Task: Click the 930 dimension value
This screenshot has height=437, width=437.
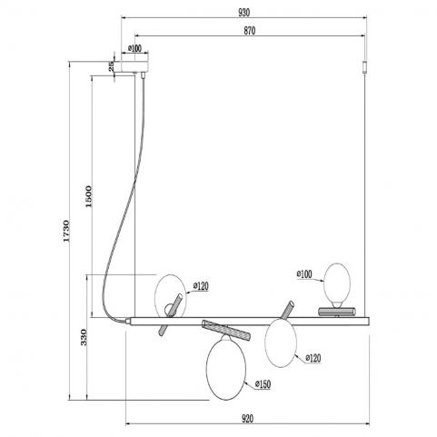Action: (x=244, y=13)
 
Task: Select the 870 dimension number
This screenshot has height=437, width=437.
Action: (x=250, y=31)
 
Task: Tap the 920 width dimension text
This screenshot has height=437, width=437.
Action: (x=247, y=419)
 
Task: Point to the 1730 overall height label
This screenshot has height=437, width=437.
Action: (x=66, y=231)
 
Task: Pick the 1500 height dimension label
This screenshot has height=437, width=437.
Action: (x=88, y=196)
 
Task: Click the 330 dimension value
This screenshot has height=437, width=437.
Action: (x=84, y=337)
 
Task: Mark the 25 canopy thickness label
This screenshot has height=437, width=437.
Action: (x=112, y=66)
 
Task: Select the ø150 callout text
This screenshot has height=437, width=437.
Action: (x=263, y=384)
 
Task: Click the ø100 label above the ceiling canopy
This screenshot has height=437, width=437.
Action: (x=134, y=48)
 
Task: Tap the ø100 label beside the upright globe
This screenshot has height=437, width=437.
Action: (x=304, y=274)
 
